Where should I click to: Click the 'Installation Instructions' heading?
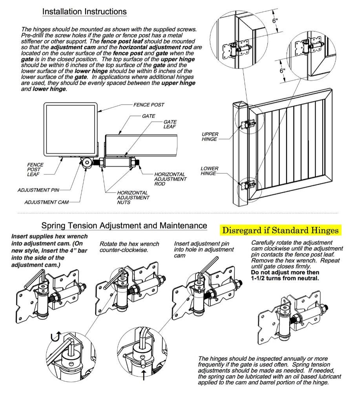click(84, 12)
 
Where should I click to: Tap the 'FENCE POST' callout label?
click(148, 105)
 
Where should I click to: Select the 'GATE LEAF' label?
click(170, 125)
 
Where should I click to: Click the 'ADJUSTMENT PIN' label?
click(38, 190)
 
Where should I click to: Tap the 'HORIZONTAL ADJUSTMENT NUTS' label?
click(133, 195)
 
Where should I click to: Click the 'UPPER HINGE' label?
click(210, 137)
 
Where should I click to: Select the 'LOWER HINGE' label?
click(210, 171)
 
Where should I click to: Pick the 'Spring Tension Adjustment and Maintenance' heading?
click(124, 226)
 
